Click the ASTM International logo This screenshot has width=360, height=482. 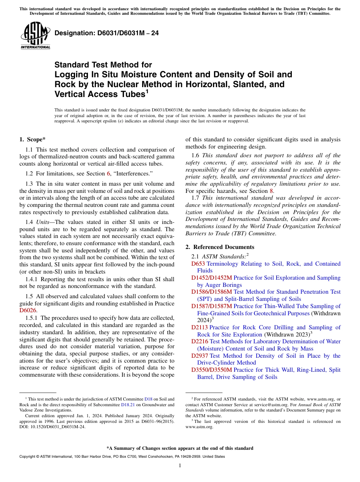(x=35, y=36)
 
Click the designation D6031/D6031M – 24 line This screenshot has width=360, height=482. (x=106, y=33)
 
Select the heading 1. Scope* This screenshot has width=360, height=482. (x=33, y=139)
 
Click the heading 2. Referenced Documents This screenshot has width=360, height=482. (x=220, y=247)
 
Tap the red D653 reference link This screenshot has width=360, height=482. (x=198, y=264)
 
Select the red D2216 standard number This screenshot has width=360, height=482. (x=200, y=341)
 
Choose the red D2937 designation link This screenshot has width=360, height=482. (x=200, y=356)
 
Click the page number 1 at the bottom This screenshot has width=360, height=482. (x=180, y=466)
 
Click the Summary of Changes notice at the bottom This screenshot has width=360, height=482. (x=180, y=448)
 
